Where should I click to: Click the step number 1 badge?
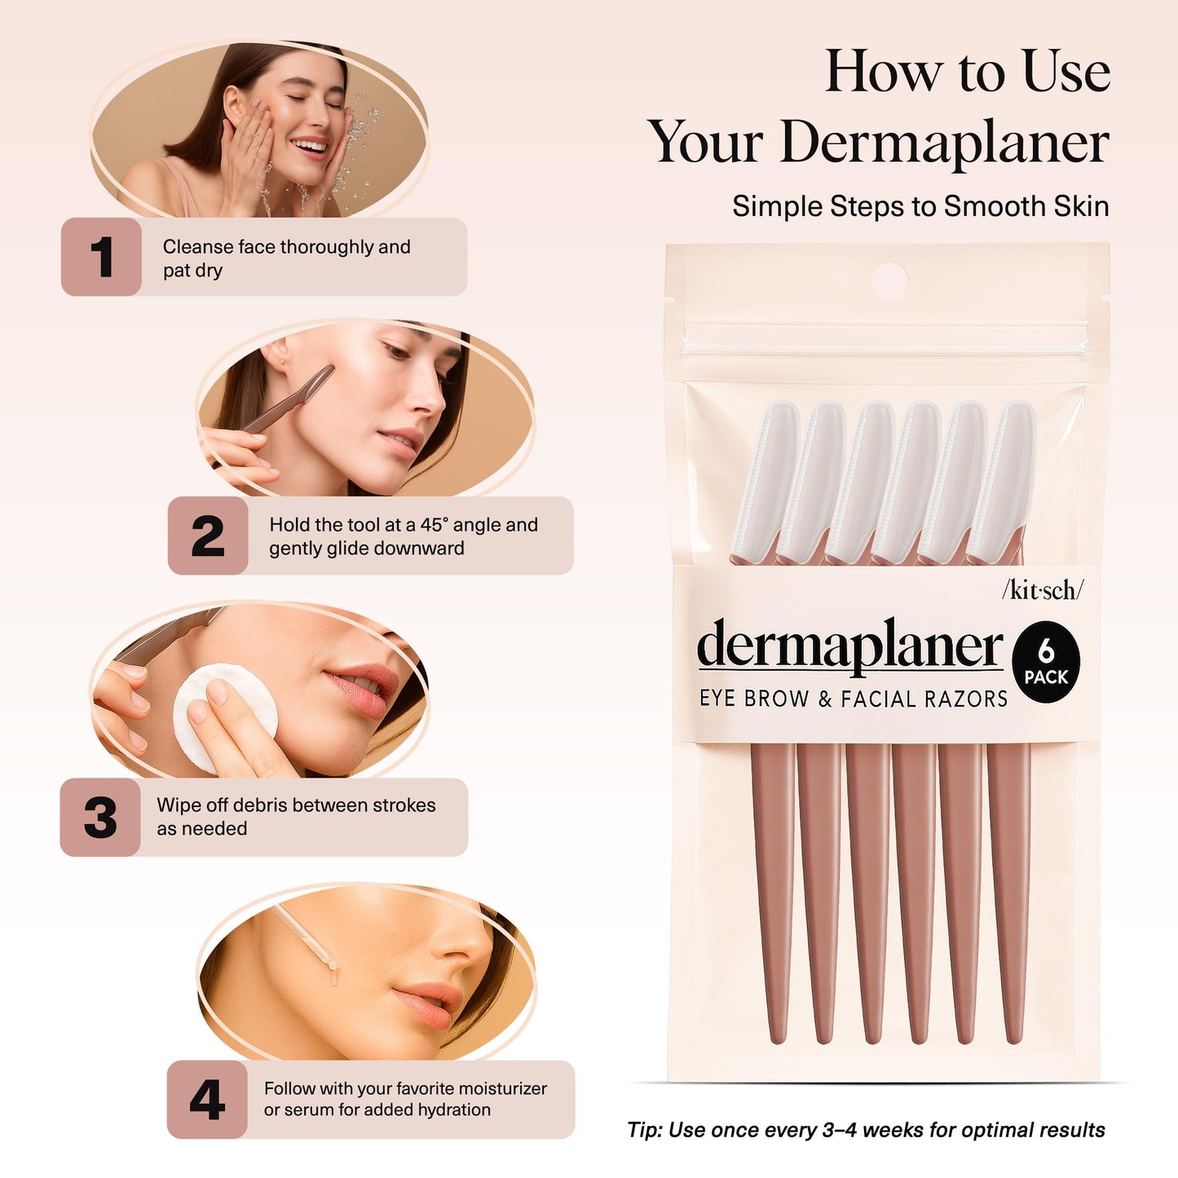101,257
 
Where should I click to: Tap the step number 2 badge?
208,536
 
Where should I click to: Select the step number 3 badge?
100,817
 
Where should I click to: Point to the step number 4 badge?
207,1099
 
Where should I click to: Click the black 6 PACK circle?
1046,662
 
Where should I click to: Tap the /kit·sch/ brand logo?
1043,590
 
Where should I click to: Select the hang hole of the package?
889,280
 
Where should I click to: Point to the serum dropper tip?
332,965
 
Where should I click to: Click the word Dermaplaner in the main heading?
944,143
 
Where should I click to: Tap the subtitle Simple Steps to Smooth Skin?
920,206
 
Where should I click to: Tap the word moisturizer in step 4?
498,1088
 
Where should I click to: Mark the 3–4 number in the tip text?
840,1130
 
